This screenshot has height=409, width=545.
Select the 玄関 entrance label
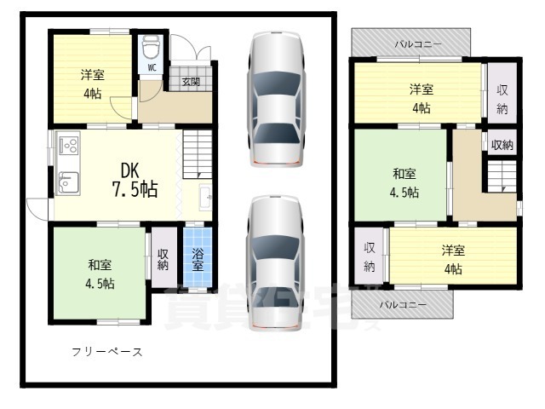click(191, 82)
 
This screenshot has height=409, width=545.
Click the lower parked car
click(274, 264)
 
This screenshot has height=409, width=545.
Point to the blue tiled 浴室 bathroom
click(197, 259)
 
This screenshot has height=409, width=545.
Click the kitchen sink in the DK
click(68, 181)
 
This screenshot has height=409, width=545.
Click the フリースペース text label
click(106, 352)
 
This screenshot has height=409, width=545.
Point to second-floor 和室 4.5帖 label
click(404, 183)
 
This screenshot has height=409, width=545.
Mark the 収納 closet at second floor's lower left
click(370, 256)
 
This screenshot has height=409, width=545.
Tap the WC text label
click(152, 66)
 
